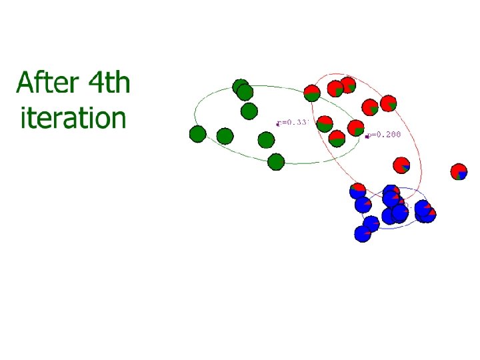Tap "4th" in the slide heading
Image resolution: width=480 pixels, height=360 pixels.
109,85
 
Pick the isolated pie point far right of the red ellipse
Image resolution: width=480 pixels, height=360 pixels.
459,171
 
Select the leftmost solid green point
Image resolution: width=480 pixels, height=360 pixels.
197,134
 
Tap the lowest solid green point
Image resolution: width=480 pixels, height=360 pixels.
276,161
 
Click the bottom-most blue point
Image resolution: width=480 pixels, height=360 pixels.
363,233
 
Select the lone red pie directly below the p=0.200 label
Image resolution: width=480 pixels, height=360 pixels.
401,165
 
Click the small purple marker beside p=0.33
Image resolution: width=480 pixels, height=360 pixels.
278,123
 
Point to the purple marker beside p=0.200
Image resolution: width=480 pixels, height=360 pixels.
367,137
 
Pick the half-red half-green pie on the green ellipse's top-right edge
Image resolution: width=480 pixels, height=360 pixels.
311,93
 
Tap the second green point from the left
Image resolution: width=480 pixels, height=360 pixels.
225,137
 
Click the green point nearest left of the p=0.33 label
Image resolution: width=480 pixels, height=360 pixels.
266,140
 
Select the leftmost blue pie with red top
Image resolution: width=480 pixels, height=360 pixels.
358,191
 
